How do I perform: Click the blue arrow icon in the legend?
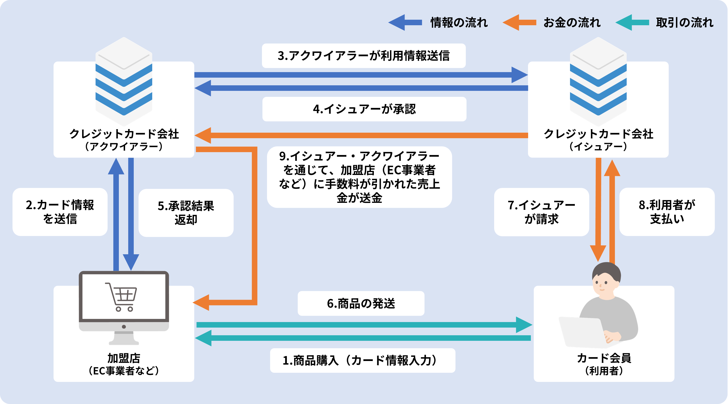click(405, 22)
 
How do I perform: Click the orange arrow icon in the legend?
click(519, 22)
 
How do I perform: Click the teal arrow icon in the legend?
click(632, 22)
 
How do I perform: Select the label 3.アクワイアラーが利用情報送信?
click(364, 56)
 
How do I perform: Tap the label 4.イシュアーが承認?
click(364, 109)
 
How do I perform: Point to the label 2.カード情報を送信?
click(60, 212)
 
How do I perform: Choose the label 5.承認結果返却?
click(186, 213)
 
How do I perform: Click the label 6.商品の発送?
click(361, 303)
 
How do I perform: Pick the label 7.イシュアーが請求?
click(541, 212)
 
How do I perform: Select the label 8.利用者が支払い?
click(667, 212)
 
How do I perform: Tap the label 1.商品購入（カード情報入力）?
click(363, 360)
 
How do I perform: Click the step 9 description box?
click(359, 177)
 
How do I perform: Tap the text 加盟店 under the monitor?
click(124, 358)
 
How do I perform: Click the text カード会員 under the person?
click(604, 358)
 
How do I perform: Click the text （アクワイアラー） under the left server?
click(124, 147)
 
